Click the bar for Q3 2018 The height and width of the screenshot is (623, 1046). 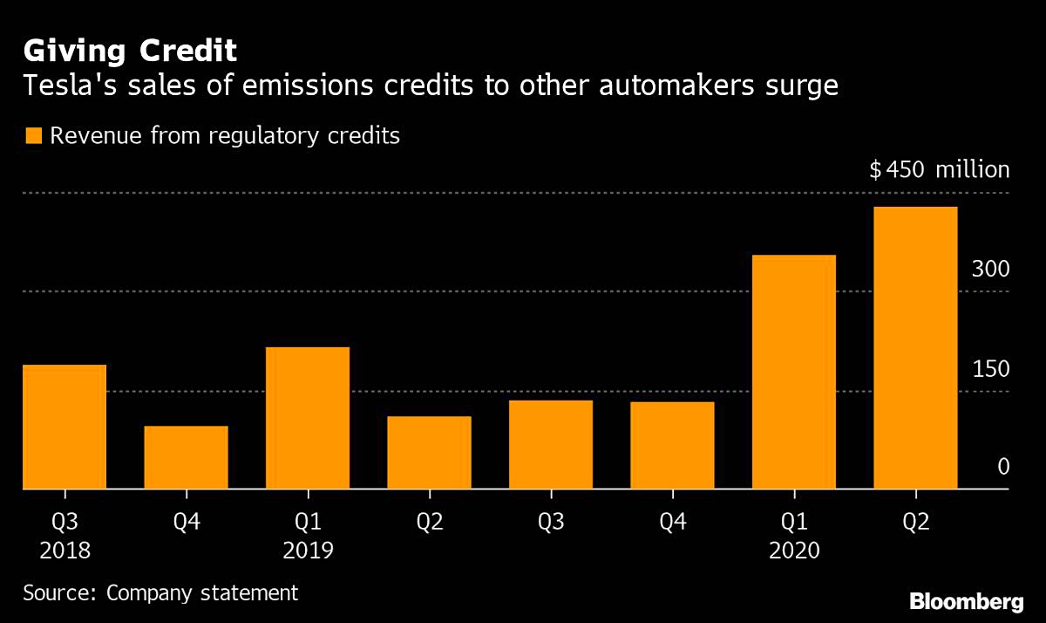click(x=65, y=427)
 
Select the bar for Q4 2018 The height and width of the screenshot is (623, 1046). click(x=186, y=457)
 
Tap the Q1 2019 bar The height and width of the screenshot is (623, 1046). click(x=308, y=418)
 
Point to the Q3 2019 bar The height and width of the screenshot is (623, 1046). click(x=551, y=444)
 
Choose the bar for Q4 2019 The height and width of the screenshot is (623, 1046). click(x=673, y=445)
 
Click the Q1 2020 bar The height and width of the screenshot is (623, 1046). click(x=794, y=372)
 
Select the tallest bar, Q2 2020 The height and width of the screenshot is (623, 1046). click(x=915, y=348)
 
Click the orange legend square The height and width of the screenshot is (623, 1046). click(x=32, y=136)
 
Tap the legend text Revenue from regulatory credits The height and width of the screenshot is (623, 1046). click(x=225, y=136)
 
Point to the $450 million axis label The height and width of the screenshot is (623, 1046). click(x=939, y=169)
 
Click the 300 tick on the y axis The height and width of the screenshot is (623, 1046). click(x=990, y=270)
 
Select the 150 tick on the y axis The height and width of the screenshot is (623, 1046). click(x=990, y=369)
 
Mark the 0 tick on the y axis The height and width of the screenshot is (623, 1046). click(x=1002, y=468)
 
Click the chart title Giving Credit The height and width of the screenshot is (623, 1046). click(x=129, y=51)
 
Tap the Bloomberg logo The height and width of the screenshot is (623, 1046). click(x=966, y=601)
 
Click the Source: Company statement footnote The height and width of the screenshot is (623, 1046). click(x=160, y=593)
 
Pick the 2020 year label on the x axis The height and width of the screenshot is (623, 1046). click(x=794, y=551)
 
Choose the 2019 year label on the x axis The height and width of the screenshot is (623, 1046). click(x=308, y=551)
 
